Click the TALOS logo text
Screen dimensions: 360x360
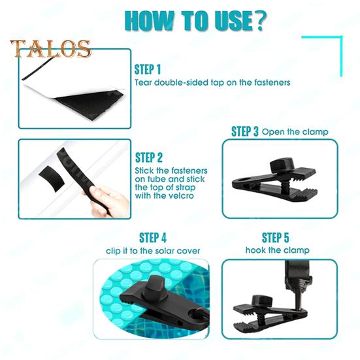tap(50, 48)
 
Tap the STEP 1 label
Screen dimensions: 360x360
tap(148, 69)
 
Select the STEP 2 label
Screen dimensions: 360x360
tap(149, 157)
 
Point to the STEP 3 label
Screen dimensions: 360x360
tap(245, 131)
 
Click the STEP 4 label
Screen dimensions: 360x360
tap(153, 237)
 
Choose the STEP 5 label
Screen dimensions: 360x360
tap(276, 237)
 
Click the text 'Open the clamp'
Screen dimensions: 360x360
tap(295, 132)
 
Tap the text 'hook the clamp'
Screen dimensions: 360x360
tap(277, 250)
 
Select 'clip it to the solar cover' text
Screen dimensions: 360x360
tap(153, 251)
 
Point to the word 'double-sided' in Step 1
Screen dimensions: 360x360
tap(180, 83)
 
